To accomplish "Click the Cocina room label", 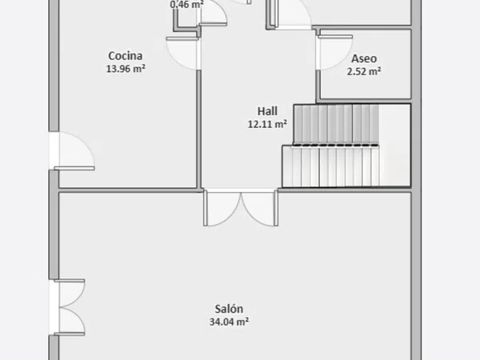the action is pyautogui.click(x=126, y=56).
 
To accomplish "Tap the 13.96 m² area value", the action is pyautogui.click(x=126, y=69).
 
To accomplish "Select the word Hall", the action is pyautogui.click(x=267, y=111).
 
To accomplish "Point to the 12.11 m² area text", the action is pyautogui.click(x=267, y=124).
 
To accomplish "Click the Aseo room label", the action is pyautogui.click(x=364, y=58).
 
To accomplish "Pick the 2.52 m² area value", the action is pyautogui.click(x=364, y=71).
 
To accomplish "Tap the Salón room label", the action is pyautogui.click(x=229, y=309).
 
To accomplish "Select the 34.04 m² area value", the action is pyautogui.click(x=229, y=322).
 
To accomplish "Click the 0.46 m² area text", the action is pyautogui.click(x=186, y=4).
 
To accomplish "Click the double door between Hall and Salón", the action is pyautogui.click(x=241, y=208).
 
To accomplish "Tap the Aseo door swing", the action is pyautogui.click(x=334, y=52).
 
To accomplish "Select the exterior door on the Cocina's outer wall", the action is pyautogui.click(x=74, y=151).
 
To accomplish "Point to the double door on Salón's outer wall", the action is pyautogui.click(x=69, y=307).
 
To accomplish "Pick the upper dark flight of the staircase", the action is pyautogui.click(x=336, y=124).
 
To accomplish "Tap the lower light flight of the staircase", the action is pyautogui.click(x=331, y=166).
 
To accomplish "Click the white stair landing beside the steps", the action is pyautogui.click(x=395, y=145).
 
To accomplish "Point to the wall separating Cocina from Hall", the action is pyautogui.click(x=198, y=129).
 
